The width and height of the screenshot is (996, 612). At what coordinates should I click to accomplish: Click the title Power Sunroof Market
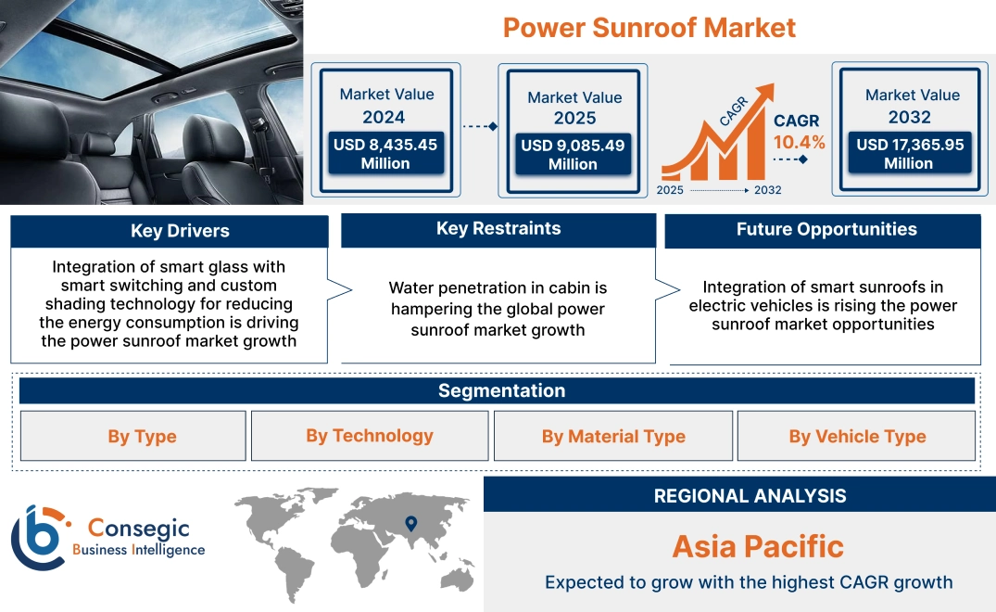click(649, 27)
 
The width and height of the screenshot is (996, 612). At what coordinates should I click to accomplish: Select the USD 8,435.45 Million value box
click(385, 154)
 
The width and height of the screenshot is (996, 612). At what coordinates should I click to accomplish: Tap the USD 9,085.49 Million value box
click(573, 155)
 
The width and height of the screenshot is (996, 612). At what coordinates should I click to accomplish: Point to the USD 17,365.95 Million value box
click(909, 154)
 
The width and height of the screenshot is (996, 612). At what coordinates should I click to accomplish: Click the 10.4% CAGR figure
click(799, 143)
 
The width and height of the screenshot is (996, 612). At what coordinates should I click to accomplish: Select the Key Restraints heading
click(498, 229)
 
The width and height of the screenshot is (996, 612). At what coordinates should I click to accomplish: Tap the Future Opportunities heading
click(826, 229)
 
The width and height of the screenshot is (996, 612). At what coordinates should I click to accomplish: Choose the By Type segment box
click(142, 437)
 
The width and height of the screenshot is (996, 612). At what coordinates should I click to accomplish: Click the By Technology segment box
click(370, 436)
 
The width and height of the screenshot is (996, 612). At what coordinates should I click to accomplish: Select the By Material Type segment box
click(613, 437)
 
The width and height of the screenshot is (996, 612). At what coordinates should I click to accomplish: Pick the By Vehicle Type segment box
click(857, 437)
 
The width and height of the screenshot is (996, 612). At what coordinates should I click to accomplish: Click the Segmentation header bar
click(501, 390)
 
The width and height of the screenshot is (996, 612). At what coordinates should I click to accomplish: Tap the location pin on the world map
click(410, 524)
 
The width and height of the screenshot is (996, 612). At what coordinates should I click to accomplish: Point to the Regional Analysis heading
click(750, 495)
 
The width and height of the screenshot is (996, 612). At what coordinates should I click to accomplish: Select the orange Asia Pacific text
click(758, 546)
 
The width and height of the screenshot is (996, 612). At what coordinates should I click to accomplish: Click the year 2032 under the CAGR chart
click(767, 190)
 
